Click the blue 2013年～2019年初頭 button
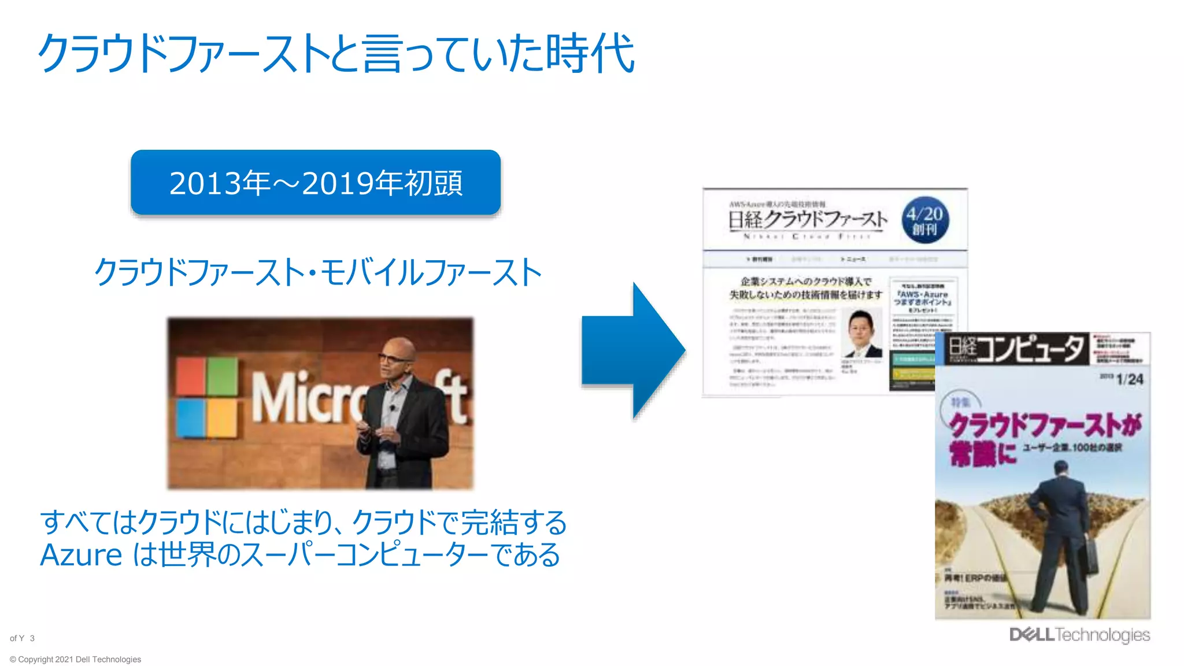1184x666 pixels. point(316,183)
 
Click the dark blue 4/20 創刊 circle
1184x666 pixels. point(924,220)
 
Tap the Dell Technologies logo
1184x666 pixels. point(1079,635)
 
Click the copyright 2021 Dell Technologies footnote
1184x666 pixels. point(75,659)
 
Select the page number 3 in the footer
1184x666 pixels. point(32,638)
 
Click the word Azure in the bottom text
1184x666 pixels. point(81,555)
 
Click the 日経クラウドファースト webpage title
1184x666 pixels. point(807,220)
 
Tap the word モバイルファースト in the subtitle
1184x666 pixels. point(431,273)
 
